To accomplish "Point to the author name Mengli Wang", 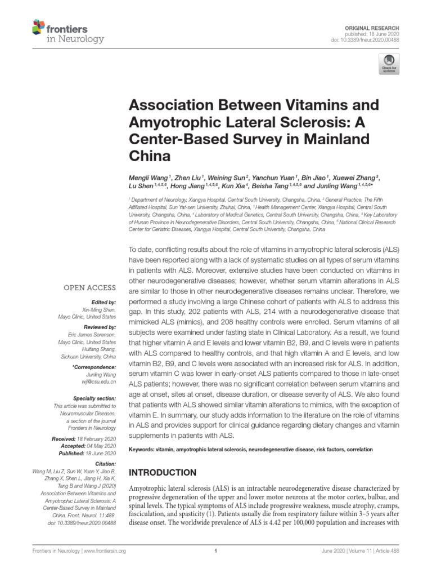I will [x=148, y=179].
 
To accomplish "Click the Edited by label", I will [x=105, y=303].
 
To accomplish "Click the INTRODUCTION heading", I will [x=163, y=473].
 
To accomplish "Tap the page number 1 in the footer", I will [x=216, y=552].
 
